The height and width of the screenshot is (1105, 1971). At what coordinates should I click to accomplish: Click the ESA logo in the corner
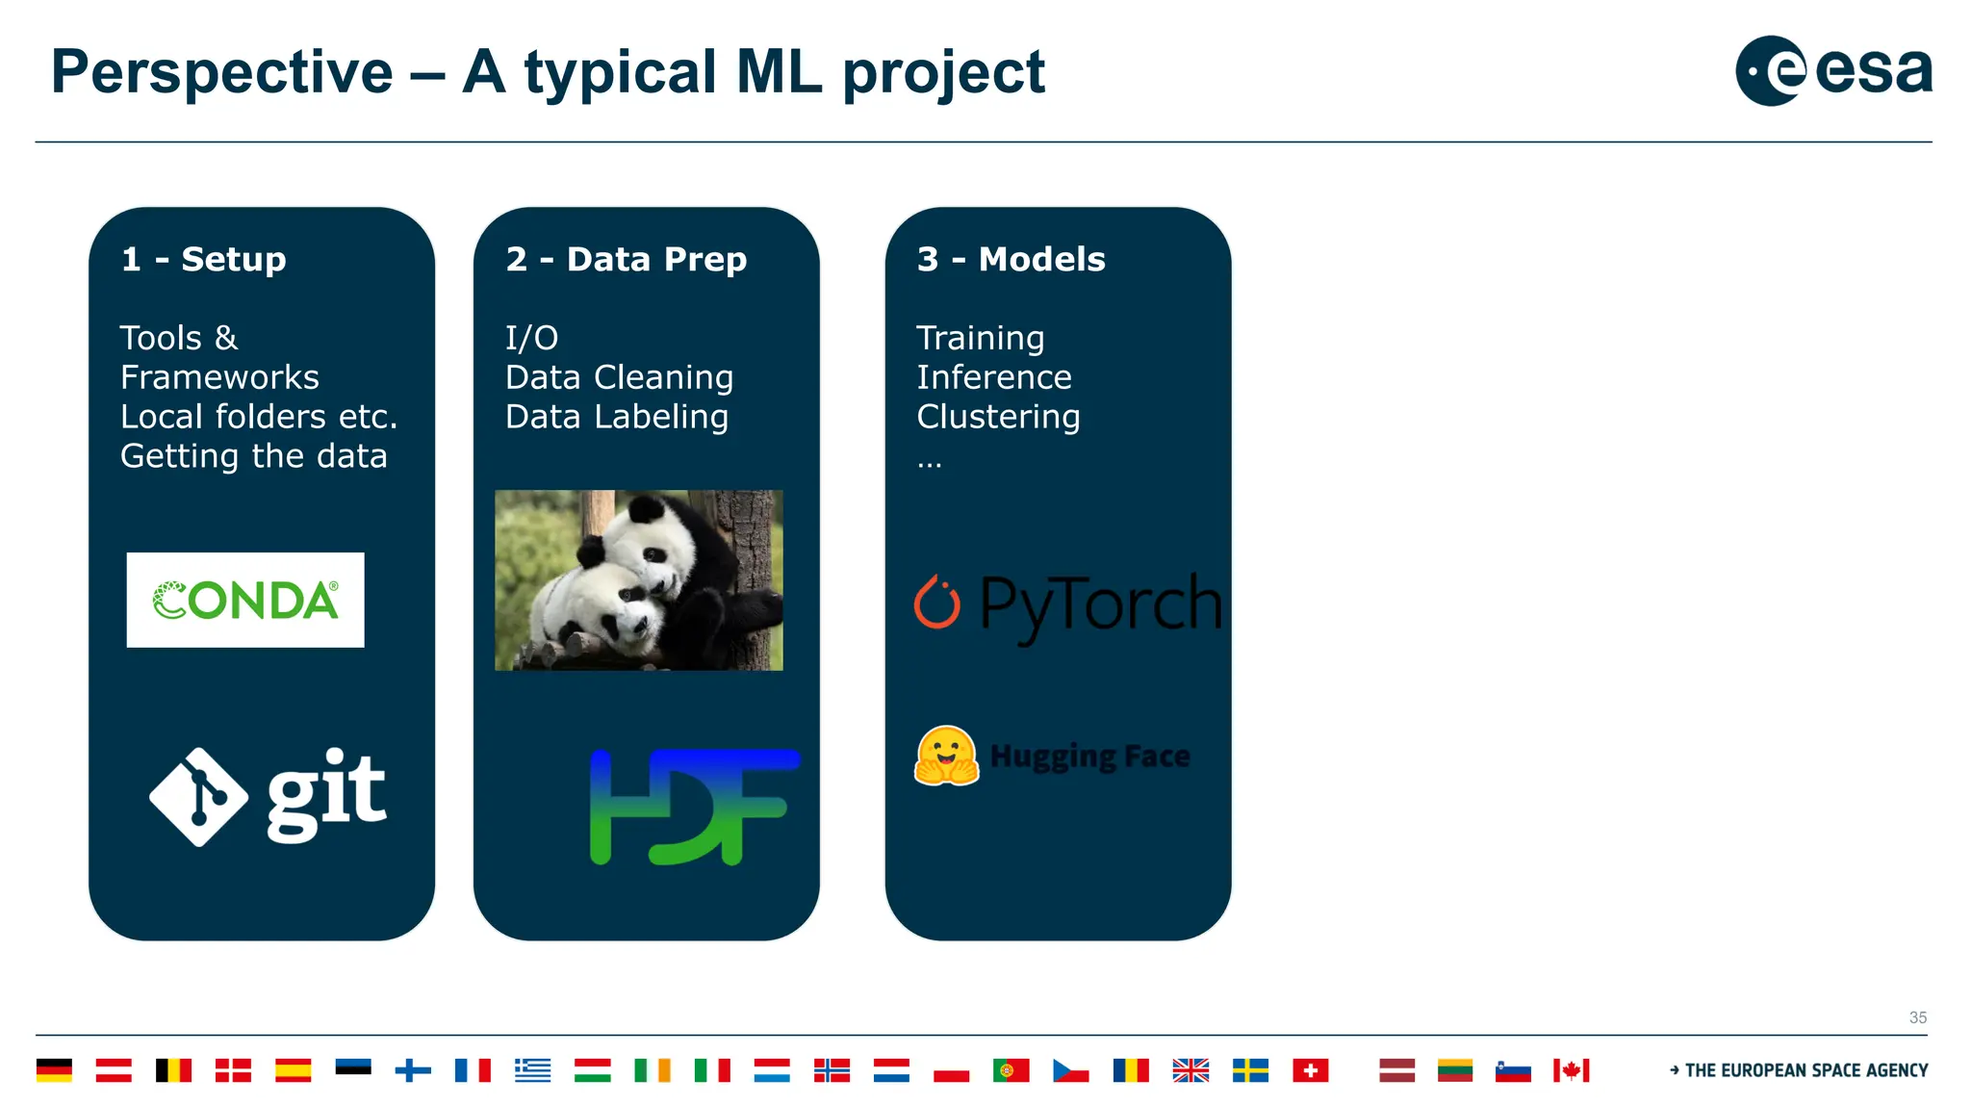[1832, 70]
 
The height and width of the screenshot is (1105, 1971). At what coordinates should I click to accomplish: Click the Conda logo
[245, 600]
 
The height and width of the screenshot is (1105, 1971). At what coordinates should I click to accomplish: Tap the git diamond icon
[198, 797]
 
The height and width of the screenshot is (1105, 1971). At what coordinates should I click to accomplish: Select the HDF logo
[694, 807]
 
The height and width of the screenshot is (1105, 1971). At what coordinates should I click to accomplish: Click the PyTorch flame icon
[936, 603]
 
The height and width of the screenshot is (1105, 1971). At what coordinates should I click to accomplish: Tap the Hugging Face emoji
[946, 757]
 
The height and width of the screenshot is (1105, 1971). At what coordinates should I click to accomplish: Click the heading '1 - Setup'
[204, 259]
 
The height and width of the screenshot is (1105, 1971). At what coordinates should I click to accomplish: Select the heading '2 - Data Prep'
[626, 259]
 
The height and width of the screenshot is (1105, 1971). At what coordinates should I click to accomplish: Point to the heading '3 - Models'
[1011, 259]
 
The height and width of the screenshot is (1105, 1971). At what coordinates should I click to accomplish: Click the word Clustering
[998, 417]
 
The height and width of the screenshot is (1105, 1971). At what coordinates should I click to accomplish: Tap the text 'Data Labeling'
[617, 417]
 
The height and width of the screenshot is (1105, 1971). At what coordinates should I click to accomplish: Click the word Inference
[993, 377]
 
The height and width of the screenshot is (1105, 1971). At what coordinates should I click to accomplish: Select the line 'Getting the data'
[253, 456]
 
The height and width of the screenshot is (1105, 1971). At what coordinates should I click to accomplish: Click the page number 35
[1917, 1017]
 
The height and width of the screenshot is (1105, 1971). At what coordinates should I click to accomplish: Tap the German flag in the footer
[54, 1070]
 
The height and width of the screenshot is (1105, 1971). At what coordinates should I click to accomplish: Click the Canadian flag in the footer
[1571, 1070]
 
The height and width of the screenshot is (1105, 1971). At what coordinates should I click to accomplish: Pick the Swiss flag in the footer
[1310, 1070]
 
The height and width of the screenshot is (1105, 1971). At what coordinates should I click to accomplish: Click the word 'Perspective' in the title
[221, 72]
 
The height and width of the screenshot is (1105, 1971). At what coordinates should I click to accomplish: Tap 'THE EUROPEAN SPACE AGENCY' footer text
[1805, 1070]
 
